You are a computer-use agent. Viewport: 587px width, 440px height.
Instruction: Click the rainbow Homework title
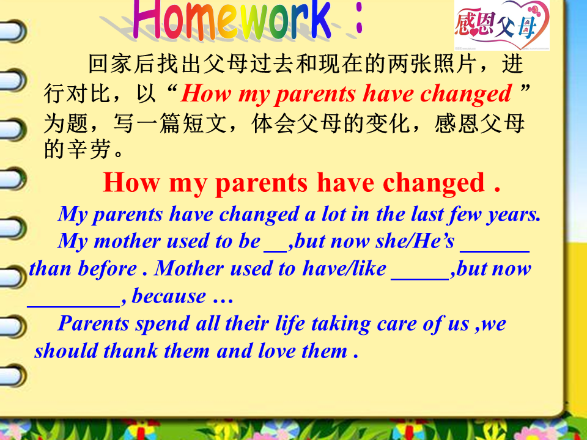click(232, 20)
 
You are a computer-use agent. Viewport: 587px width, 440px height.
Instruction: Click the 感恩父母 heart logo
click(501, 25)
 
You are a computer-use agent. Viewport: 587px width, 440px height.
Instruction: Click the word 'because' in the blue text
click(169, 296)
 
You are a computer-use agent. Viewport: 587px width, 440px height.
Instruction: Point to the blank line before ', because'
click(74, 307)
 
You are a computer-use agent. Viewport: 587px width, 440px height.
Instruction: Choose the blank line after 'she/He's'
click(495, 252)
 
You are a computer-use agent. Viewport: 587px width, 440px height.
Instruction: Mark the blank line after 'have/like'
click(420, 279)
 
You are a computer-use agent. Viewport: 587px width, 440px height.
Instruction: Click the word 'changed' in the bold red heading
click(434, 183)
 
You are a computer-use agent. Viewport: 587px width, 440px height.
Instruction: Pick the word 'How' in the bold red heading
click(131, 182)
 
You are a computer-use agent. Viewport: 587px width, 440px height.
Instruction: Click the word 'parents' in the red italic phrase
click(316, 94)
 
